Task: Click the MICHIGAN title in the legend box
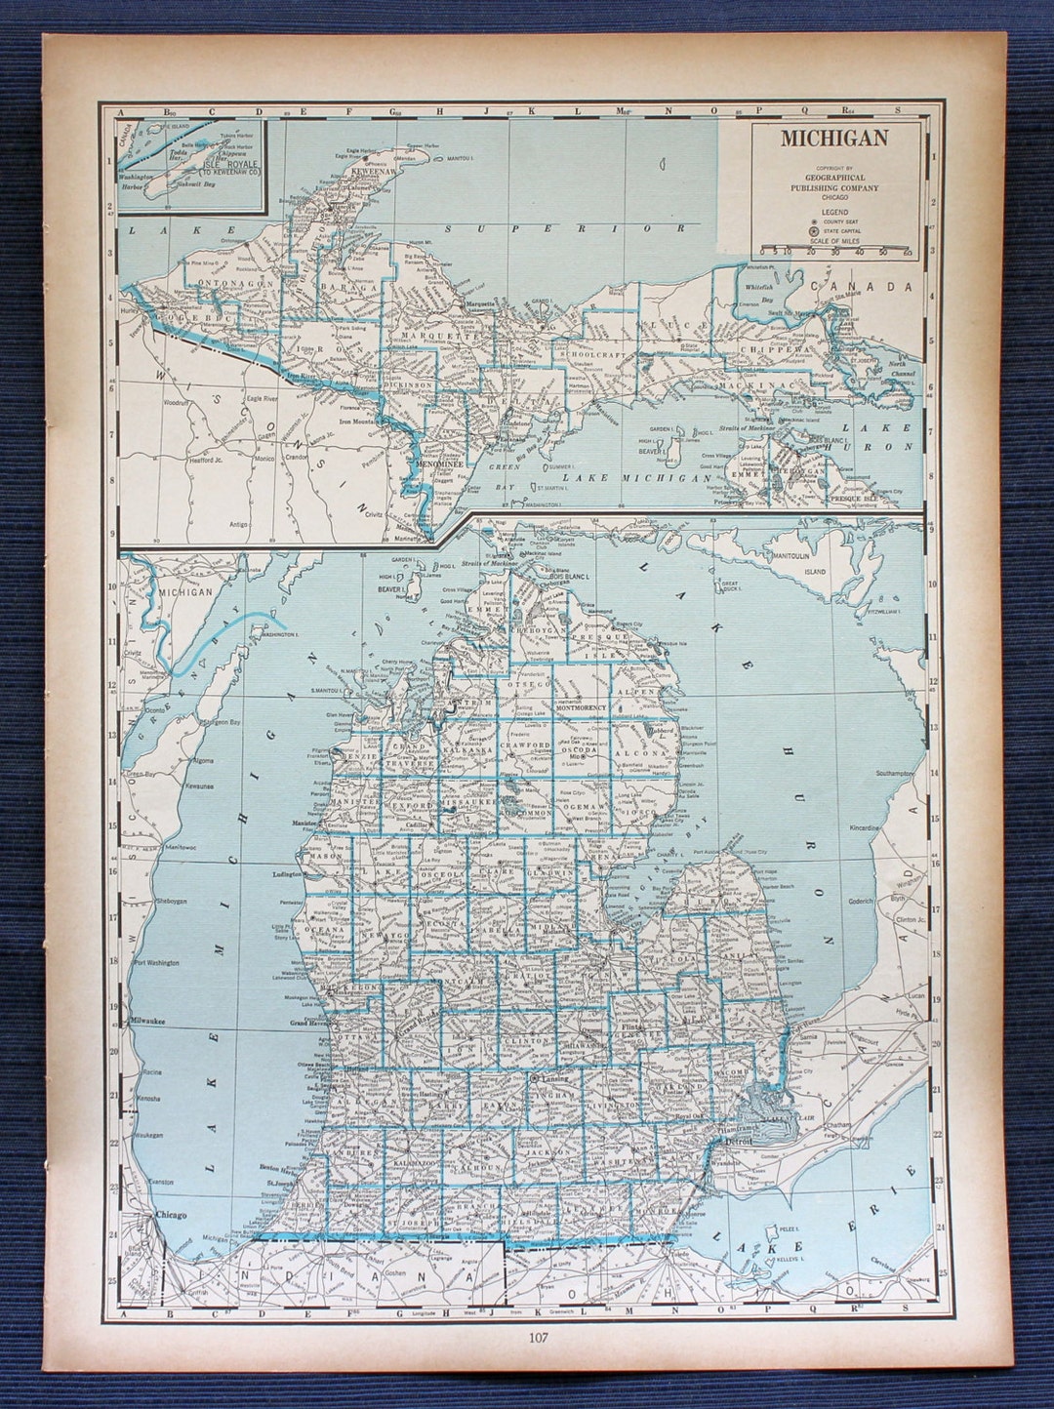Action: pyautogui.click(x=833, y=137)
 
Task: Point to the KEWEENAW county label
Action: pyautogui.click(x=373, y=168)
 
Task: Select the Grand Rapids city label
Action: pyautogui.click(x=414, y=1027)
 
